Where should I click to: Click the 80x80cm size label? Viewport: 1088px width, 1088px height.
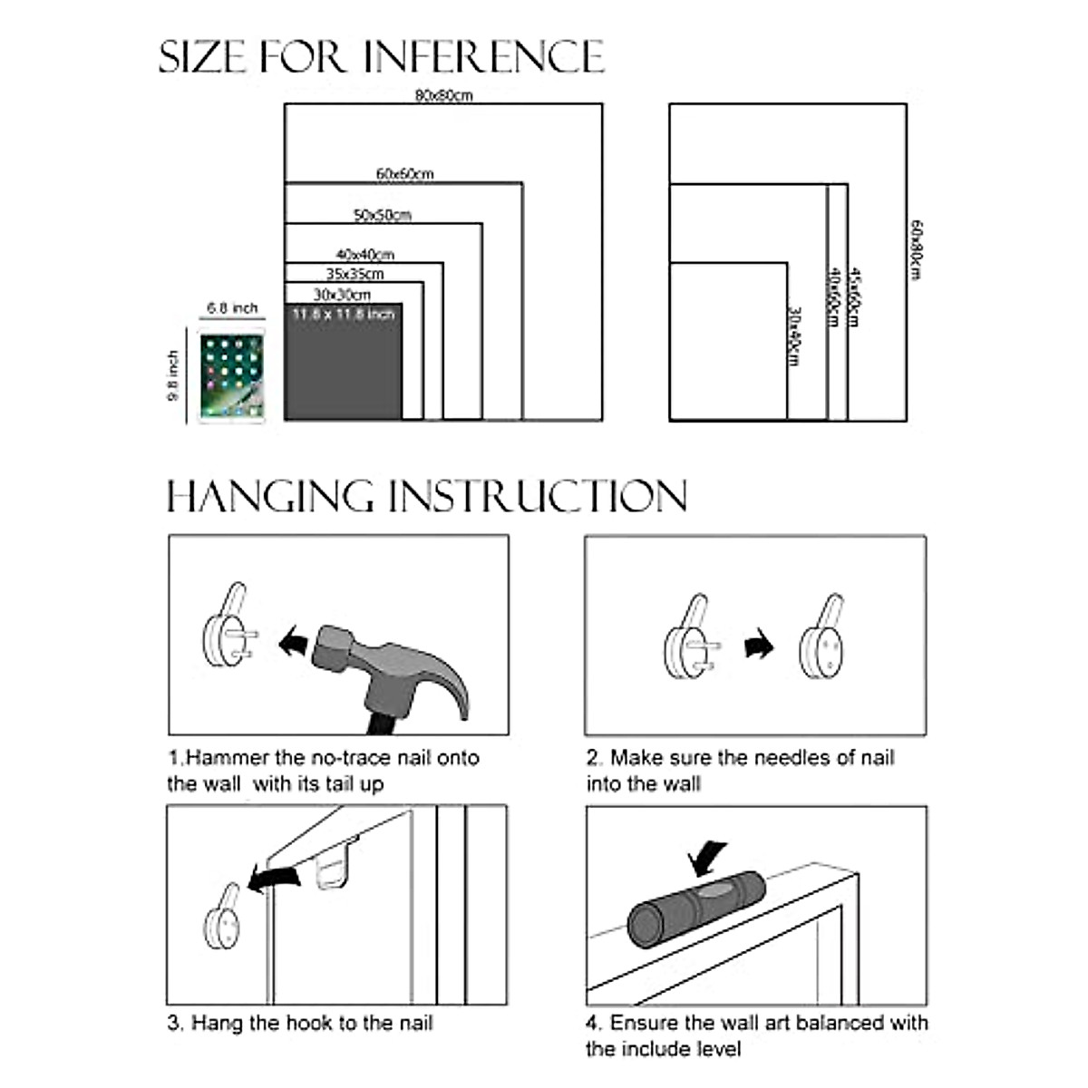click(443, 95)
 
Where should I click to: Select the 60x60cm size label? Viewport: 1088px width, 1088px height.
click(404, 173)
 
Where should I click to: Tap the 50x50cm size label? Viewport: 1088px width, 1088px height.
click(382, 215)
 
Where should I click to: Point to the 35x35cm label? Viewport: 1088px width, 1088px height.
click(355, 274)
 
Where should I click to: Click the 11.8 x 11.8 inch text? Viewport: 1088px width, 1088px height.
click(344, 315)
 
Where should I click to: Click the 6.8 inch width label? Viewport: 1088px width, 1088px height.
click(232, 308)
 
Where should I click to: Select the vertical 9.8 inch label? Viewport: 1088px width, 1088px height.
click(173, 375)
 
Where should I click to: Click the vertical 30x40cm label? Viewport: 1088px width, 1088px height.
click(793, 336)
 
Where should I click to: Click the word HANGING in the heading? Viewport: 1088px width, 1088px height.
click(270, 497)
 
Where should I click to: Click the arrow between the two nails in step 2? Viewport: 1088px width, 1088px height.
click(759, 646)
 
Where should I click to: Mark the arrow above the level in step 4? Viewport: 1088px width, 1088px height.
click(708, 856)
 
